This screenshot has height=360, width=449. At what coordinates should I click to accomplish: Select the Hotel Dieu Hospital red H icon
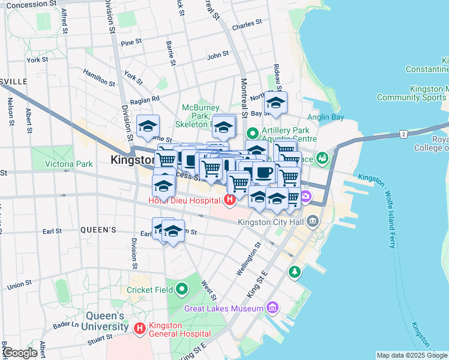coord(229,200)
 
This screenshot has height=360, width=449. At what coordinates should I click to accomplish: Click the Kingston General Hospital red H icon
coord(140,328)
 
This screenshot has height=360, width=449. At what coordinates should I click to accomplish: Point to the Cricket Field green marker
coord(182,290)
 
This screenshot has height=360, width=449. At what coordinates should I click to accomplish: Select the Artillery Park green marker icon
coord(253,132)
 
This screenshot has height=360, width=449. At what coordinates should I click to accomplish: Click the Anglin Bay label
coord(325,117)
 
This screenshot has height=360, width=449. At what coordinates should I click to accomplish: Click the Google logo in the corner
coord(20,353)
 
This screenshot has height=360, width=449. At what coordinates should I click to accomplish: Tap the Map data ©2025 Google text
coord(412,355)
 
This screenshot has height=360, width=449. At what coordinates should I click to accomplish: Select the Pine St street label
coord(130,43)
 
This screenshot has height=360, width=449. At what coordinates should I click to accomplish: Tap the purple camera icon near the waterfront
coord(306,196)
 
